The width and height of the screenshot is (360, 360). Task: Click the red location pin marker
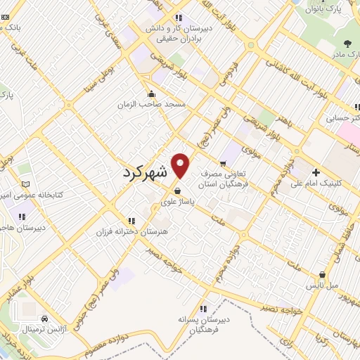coord(181,166)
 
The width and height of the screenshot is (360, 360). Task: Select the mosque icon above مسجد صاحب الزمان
coord(151,94)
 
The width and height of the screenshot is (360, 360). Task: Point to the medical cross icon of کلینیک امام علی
coord(316,172)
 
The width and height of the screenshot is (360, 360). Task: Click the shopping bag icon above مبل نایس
coord(321,275)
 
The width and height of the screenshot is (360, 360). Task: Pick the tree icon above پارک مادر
coord(342,44)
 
